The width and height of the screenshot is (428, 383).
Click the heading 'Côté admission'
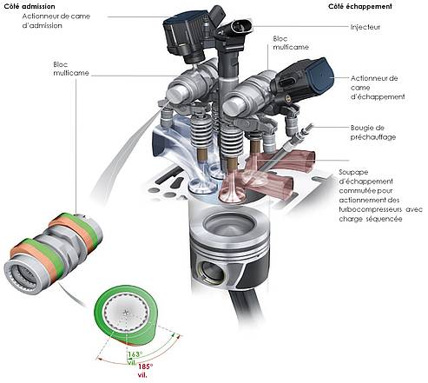tap(30, 6)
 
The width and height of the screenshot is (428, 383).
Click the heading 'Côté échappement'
tap(360, 6)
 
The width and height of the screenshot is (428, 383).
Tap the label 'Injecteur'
tap(365, 27)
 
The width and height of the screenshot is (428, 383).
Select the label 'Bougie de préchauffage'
tap(373, 132)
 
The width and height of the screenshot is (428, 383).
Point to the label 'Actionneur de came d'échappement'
tap(378, 88)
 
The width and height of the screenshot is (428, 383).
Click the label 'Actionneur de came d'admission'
tap(56, 21)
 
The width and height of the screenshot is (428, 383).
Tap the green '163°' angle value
tap(135, 354)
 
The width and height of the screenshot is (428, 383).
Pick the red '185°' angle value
tap(145, 366)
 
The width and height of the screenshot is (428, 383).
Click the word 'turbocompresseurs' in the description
tap(370, 209)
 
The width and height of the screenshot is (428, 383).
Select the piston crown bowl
tap(229, 225)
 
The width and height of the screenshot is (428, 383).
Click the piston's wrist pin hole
tap(212, 272)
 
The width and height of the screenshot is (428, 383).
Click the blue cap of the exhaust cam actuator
tap(320, 75)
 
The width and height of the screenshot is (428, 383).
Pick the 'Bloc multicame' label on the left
tap(71, 69)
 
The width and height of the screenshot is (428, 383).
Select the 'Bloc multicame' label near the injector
tap(291, 43)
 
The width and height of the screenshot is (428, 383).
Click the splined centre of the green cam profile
tap(126, 313)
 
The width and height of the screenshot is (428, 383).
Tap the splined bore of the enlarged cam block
tap(23, 274)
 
